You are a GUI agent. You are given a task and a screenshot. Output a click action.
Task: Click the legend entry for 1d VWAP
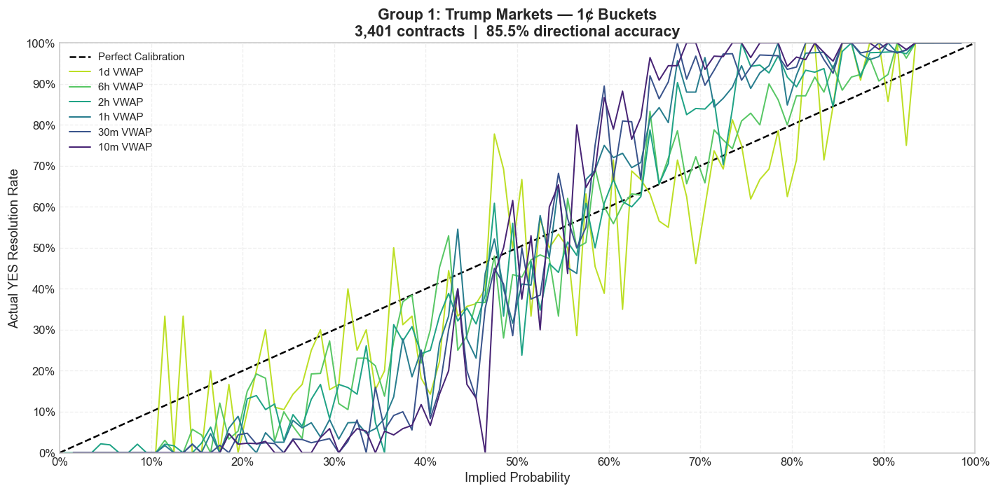coord(115,71)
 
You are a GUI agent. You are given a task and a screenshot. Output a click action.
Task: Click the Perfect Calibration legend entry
coord(141,57)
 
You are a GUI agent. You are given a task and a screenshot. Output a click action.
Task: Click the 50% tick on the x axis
coord(517,462)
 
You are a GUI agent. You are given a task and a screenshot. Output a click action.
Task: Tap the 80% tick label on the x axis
coord(791,462)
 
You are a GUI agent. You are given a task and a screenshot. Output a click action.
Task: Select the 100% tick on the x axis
coord(974,462)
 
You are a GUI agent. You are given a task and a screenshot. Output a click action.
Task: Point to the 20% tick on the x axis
coord(242,462)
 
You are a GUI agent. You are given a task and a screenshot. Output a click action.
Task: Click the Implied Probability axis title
coord(517,478)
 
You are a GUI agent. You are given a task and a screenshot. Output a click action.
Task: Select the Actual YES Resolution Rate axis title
coord(13,248)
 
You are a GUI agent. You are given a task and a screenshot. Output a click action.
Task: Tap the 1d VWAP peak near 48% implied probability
coord(494,134)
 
